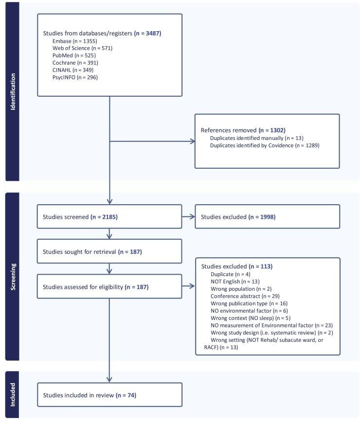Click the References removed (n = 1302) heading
point(243,130)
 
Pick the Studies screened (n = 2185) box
point(109,216)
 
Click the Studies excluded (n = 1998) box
point(267,216)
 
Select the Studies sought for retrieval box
point(109,251)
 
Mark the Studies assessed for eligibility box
point(109,287)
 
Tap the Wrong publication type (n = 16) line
point(245,303)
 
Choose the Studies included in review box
point(109,395)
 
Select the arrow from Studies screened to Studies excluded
point(188,216)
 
